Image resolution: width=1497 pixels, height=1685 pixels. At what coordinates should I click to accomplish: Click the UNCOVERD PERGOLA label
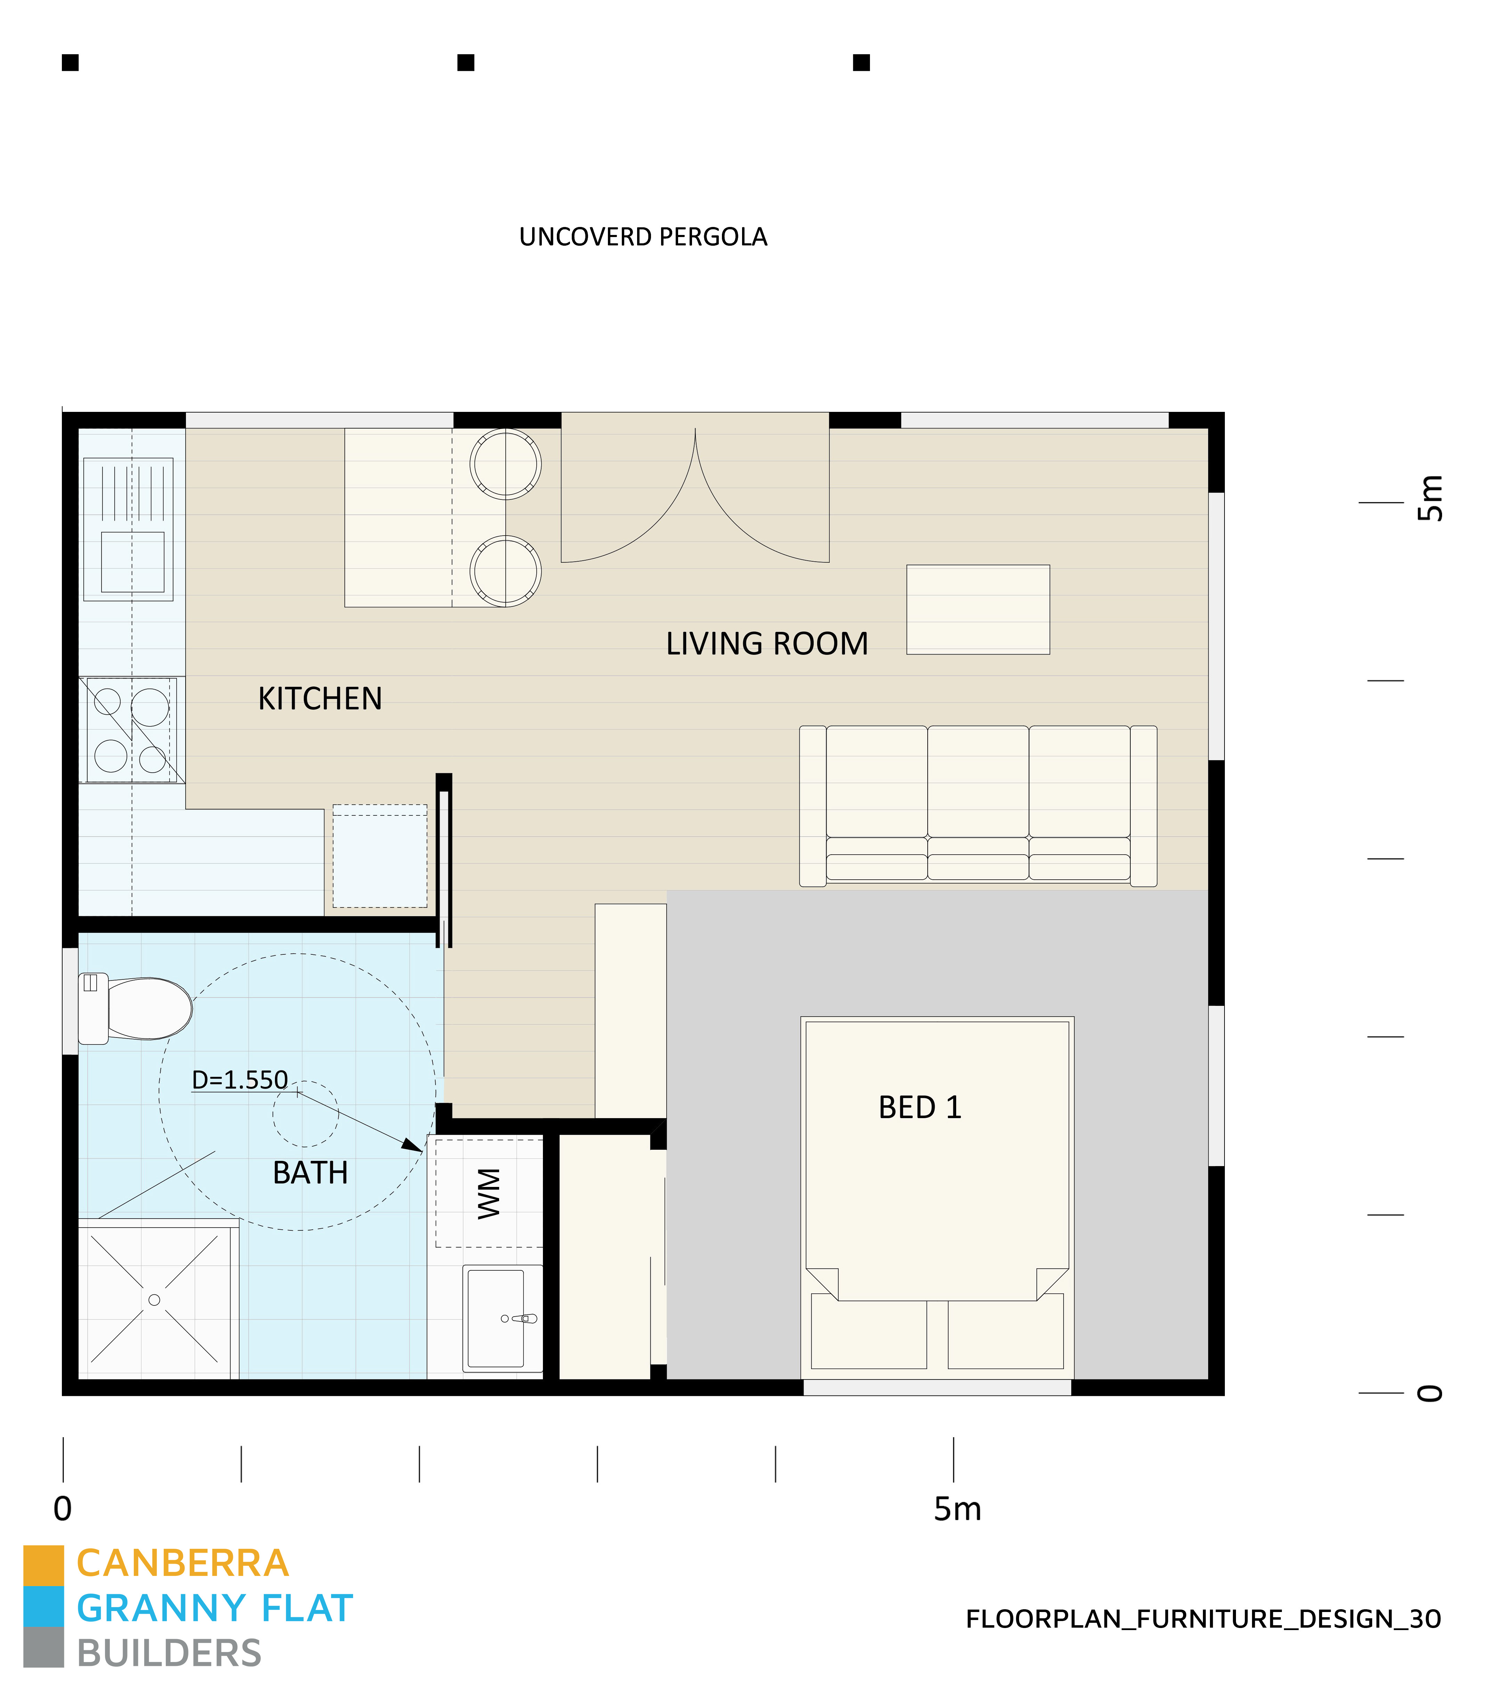[x=643, y=237]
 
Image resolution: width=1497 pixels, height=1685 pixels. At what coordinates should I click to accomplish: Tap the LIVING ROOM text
[x=767, y=644]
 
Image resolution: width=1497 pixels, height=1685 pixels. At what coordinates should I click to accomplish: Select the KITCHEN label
[x=320, y=699]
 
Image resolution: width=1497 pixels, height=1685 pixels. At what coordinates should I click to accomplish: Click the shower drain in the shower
[x=154, y=1300]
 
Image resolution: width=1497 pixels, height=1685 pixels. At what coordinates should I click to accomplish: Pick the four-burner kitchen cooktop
[x=132, y=730]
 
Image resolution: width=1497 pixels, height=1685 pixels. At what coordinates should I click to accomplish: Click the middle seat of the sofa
[x=978, y=783]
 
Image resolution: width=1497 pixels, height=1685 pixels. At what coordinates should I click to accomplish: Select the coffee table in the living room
[x=978, y=609]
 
